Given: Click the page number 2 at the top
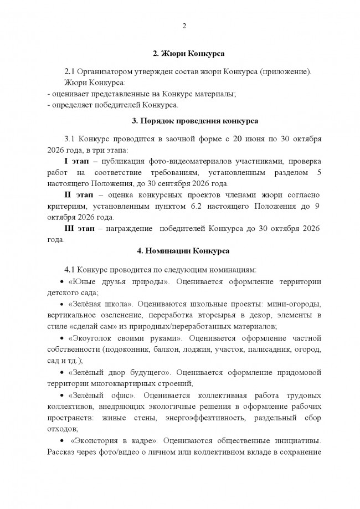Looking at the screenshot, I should coord(183,27).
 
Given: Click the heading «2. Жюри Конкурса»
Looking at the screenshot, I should coord(183,54).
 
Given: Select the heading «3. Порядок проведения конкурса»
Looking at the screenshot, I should coord(183,120).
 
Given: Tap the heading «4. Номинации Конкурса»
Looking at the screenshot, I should coord(183,251).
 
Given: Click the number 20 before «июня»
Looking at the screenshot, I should coord(237,138).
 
